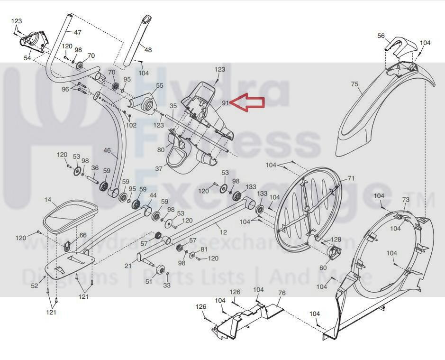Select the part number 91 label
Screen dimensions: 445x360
[225, 102]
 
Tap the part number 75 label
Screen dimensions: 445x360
[354, 84]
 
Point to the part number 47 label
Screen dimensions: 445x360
[78, 32]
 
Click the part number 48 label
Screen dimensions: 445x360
[148, 50]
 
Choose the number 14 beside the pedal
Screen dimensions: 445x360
[48, 200]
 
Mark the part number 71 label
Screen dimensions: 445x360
[351, 178]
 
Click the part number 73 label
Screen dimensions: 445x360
[406, 199]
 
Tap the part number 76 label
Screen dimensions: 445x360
[282, 293]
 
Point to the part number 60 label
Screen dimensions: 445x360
[323, 268]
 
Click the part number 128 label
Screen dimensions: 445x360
[336, 240]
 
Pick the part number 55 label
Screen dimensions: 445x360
[159, 85]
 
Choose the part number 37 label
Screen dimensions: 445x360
[158, 168]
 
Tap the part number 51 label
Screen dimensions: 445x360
[148, 282]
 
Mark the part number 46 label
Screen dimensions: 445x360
[108, 151]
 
